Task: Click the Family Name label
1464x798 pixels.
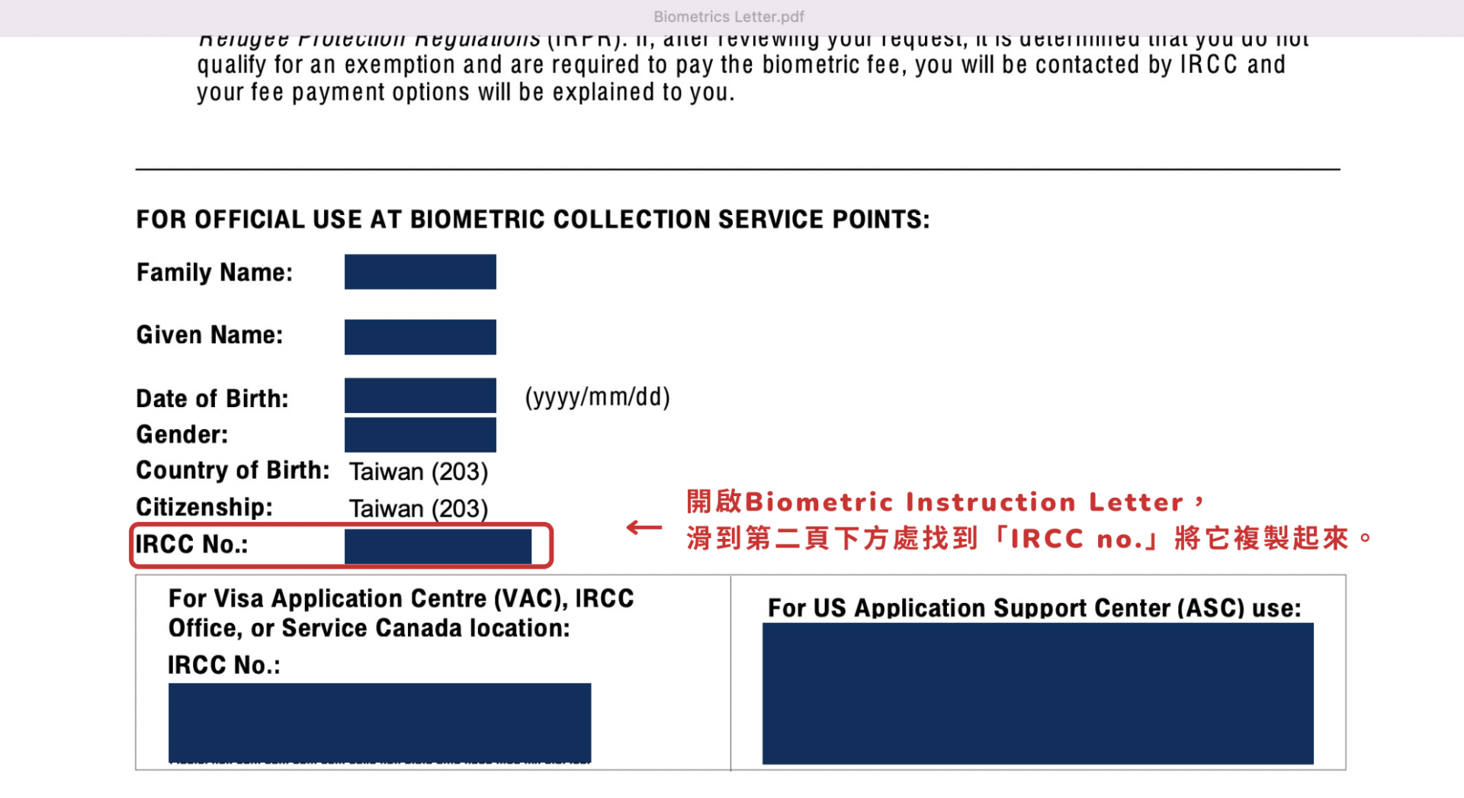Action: click(x=214, y=272)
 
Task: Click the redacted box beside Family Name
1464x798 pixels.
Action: click(x=420, y=272)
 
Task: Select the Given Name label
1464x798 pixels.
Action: click(x=210, y=335)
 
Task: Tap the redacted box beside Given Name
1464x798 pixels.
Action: click(x=420, y=337)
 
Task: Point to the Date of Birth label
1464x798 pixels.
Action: click(x=212, y=399)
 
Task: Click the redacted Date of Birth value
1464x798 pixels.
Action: click(x=420, y=396)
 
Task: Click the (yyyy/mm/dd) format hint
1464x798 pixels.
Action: click(x=597, y=397)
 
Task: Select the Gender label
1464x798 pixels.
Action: click(x=182, y=434)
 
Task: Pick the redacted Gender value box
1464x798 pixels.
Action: click(x=420, y=434)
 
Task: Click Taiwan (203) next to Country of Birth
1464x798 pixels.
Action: click(x=419, y=472)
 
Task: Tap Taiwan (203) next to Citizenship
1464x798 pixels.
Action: click(x=419, y=508)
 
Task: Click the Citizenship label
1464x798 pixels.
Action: click(x=204, y=507)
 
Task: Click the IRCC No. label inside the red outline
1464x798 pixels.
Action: click(x=191, y=544)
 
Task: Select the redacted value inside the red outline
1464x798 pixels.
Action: click(x=438, y=546)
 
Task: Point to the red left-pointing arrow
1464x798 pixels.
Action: click(x=644, y=527)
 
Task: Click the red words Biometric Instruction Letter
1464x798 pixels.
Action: click(x=964, y=502)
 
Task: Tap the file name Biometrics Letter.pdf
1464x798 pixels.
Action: click(x=729, y=17)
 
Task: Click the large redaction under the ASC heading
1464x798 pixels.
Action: click(x=1038, y=694)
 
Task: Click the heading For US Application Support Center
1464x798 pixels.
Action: click(x=1034, y=608)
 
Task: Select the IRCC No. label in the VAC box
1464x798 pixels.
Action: click(x=224, y=665)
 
